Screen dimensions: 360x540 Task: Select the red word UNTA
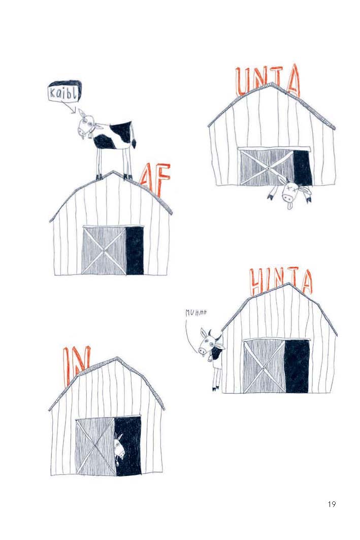(x=268, y=81)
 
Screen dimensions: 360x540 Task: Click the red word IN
(x=76, y=365)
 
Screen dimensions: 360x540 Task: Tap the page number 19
(x=332, y=504)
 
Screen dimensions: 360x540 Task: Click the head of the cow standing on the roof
(x=86, y=125)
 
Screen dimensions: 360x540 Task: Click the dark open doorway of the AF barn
(x=135, y=250)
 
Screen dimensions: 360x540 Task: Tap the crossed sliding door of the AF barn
(x=104, y=250)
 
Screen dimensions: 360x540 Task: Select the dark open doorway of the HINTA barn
(x=297, y=366)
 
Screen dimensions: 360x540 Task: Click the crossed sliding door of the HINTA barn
(x=265, y=366)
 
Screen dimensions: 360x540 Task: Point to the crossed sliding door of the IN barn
(x=95, y=447)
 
